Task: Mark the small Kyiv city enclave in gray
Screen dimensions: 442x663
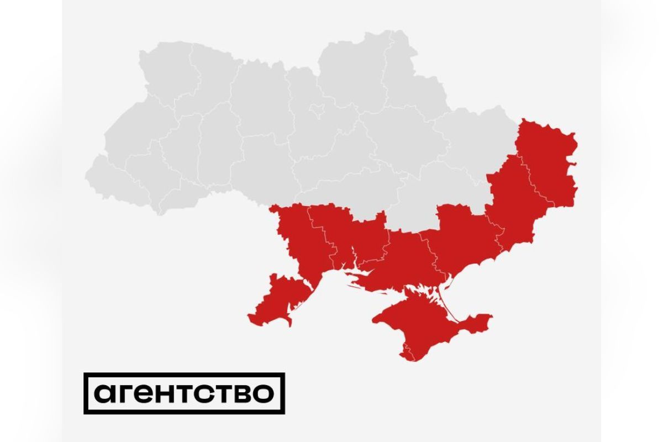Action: tap(319, 110)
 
